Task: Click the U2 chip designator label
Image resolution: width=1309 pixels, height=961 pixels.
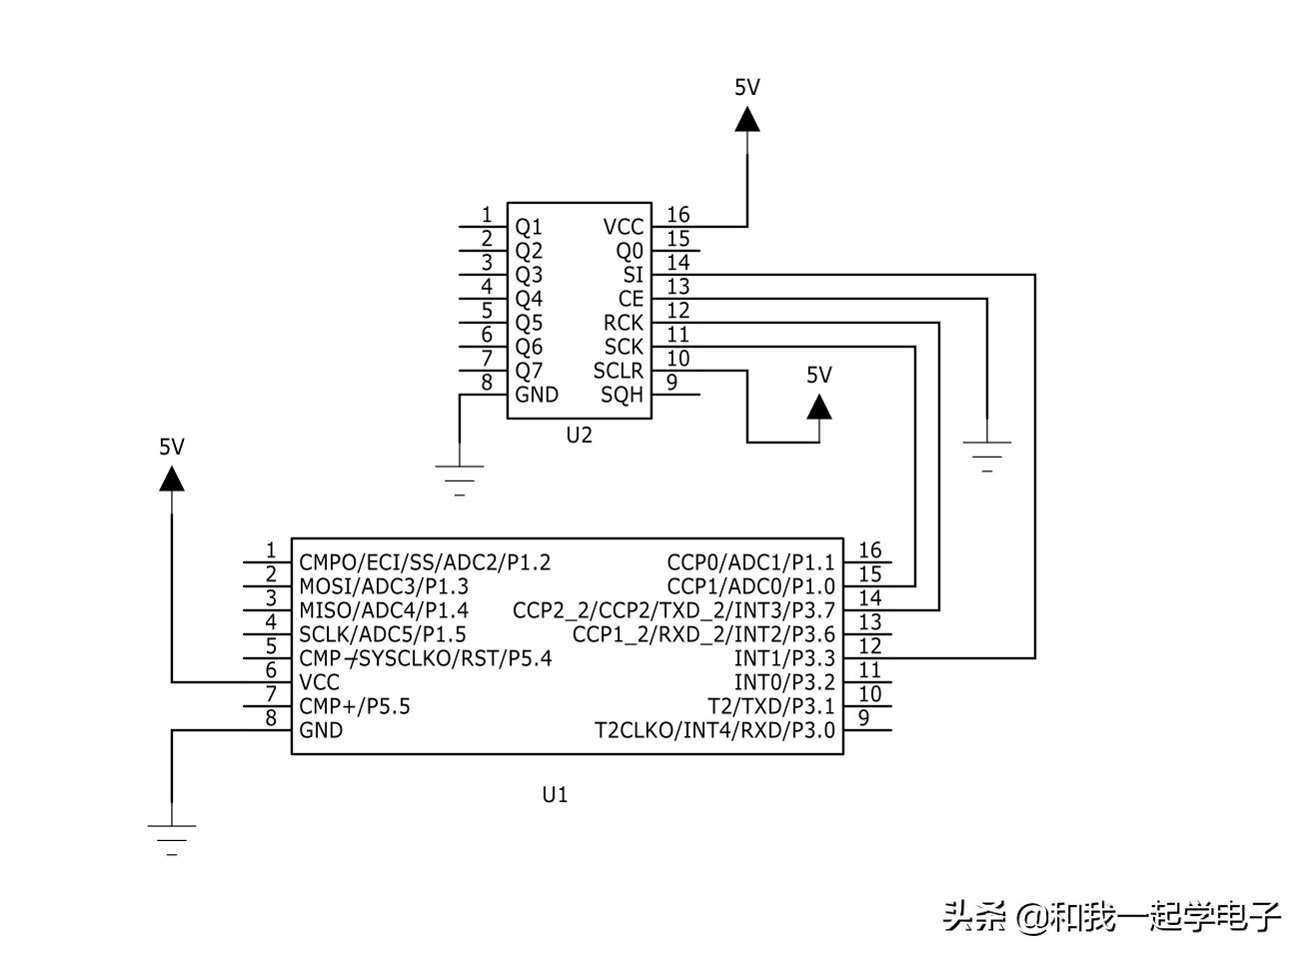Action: click(579, 436)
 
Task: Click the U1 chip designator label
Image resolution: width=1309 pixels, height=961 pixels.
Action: click(555, 795)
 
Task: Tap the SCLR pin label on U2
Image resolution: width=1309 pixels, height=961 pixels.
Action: click(619, 371)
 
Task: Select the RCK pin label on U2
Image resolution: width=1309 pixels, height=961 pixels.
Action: click(624, 323)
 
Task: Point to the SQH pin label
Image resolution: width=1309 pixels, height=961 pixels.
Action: click(622, 395)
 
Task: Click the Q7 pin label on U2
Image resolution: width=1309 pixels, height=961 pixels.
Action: click(529, 371)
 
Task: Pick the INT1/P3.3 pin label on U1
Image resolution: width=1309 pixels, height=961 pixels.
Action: click(784, 658)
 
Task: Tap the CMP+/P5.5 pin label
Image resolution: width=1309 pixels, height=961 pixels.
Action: click(355, 706)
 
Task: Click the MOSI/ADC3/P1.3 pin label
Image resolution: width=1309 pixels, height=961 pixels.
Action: click(384, 586)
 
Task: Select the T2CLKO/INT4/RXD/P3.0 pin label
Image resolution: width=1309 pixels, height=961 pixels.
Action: click(714, 730)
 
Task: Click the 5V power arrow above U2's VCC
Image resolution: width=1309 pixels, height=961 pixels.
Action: click(747, 119)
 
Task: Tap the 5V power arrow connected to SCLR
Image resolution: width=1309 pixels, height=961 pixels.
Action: click(819, 407)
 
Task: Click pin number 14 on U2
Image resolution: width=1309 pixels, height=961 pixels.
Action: click(678, 263)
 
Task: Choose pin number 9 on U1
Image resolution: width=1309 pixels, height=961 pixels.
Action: click(864, 717)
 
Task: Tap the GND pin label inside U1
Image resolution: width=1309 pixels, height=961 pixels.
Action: click(321, 730)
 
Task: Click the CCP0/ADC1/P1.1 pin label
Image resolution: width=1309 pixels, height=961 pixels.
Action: click(750, 562)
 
